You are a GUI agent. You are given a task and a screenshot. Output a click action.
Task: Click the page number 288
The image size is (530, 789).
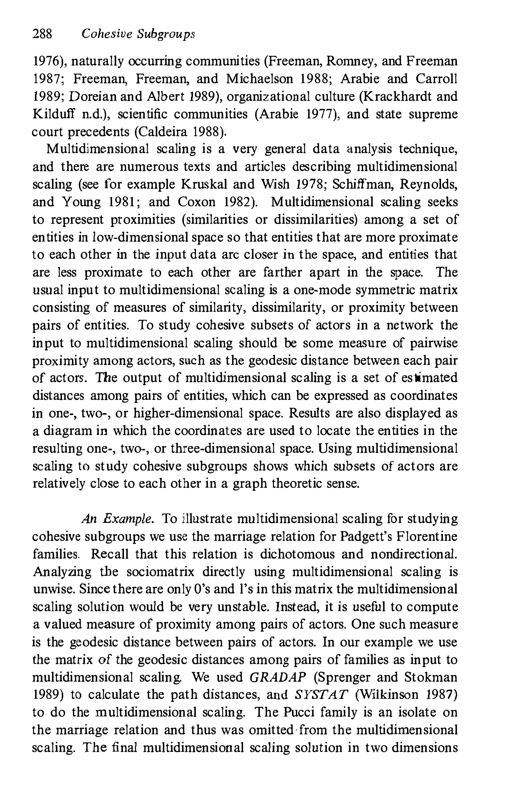(x=42, y=34)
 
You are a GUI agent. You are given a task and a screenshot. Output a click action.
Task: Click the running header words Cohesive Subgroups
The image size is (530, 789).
(x=139, y=34)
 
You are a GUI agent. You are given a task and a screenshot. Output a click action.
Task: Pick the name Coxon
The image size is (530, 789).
(x=196, y=202)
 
